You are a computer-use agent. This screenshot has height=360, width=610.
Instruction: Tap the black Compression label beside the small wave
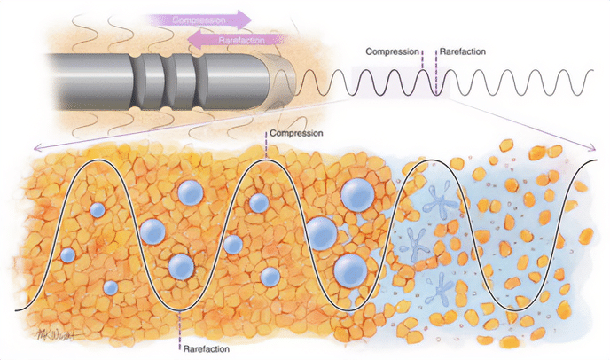click(x=393, y=51)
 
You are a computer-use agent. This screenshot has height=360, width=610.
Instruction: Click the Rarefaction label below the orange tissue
click(x=207, y=348)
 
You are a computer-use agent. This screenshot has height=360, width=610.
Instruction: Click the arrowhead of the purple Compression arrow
click(x=243, y=19)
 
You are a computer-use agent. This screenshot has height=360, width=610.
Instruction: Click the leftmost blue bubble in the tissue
click(x=67, y=255)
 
